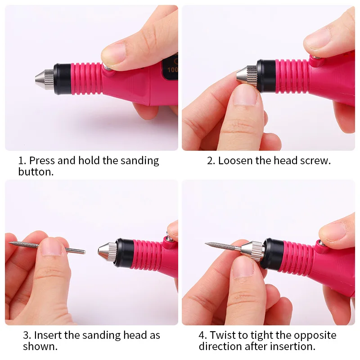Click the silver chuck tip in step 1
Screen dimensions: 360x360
44,79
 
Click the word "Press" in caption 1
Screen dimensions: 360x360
44,161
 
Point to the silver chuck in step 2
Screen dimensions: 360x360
247,73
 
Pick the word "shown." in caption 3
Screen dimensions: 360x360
41,346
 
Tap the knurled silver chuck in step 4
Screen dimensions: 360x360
252,248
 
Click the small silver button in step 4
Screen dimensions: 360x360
321,243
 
